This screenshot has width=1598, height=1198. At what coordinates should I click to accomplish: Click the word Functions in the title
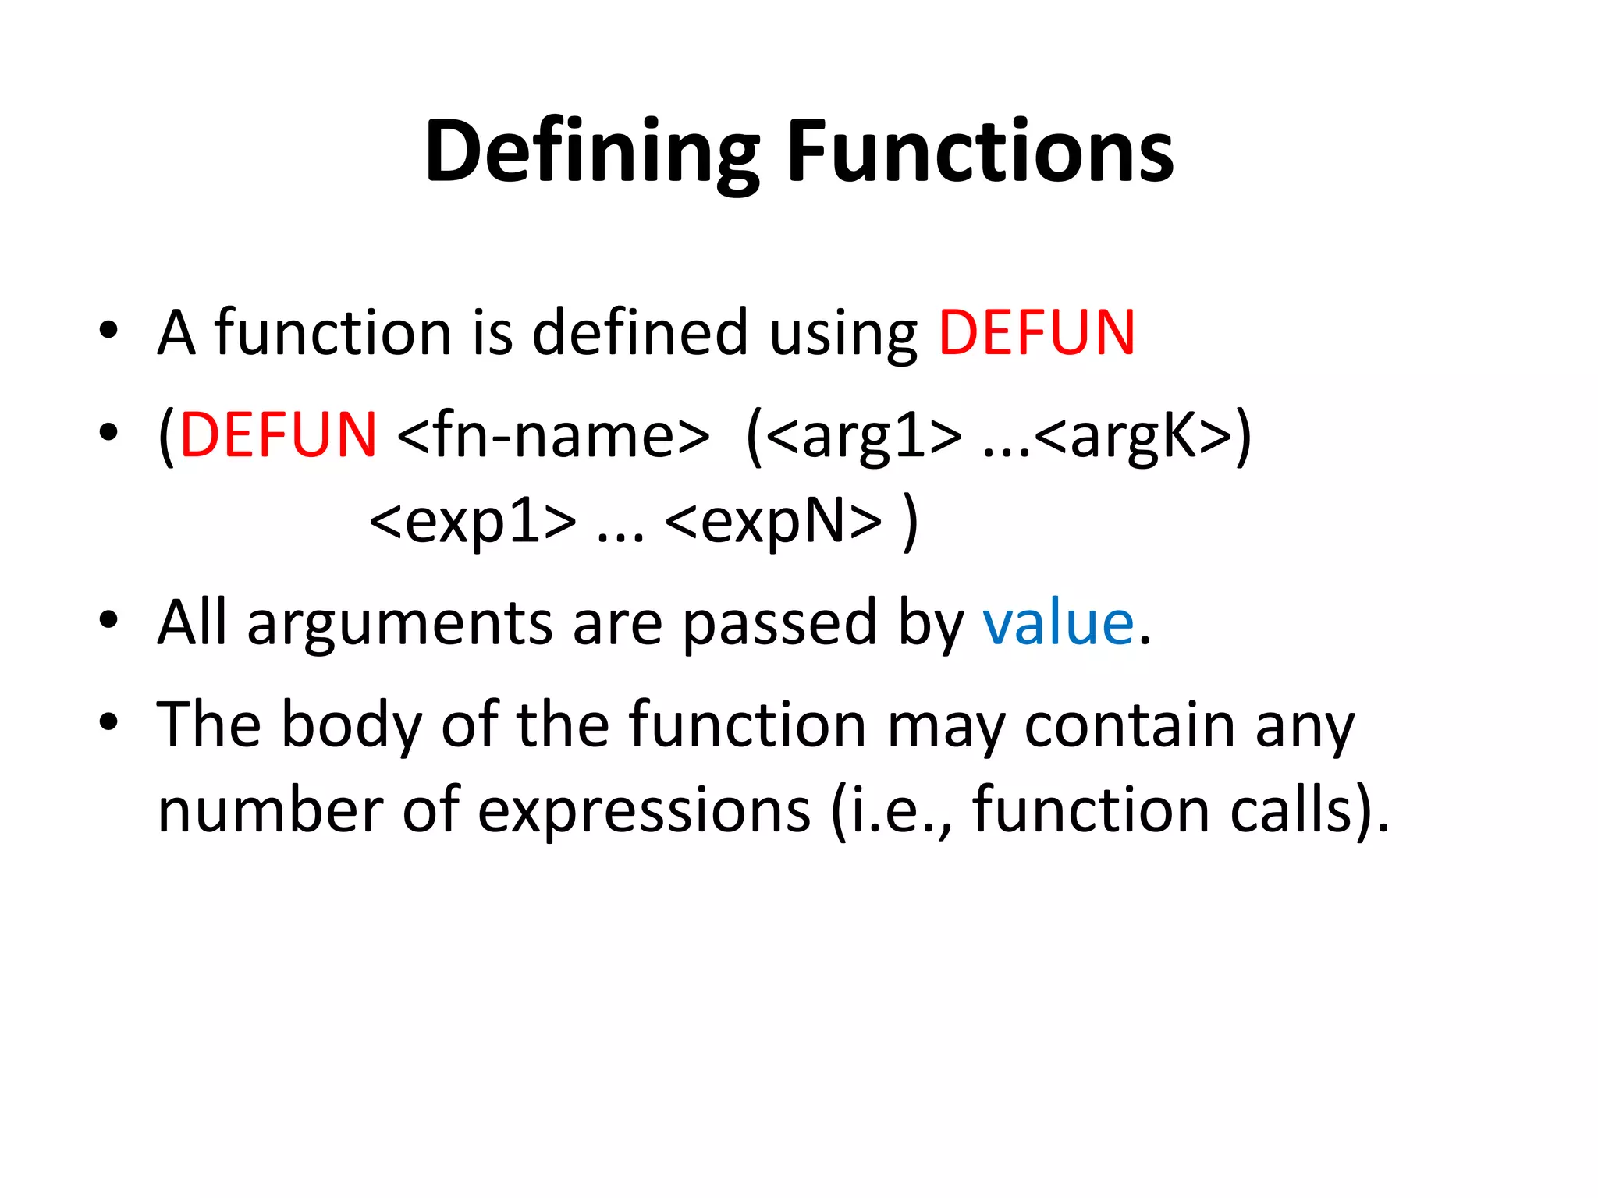point(980,151)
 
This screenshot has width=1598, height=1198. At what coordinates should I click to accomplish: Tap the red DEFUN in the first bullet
point(1036,334)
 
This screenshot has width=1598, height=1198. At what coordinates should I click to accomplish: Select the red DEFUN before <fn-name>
point(279,435)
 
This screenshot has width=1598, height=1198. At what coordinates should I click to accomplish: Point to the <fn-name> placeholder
point(553,435)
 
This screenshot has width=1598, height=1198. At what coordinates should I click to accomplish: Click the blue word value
point(1058,624)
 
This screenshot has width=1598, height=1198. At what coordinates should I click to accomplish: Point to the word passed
point(779,624)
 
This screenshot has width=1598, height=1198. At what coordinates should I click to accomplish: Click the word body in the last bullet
point(352,726)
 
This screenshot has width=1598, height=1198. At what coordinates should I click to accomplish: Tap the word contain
point(1130,726)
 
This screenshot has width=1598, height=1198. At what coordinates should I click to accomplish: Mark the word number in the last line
point(270,811)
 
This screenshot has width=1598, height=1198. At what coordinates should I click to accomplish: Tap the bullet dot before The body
point(108,722)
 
